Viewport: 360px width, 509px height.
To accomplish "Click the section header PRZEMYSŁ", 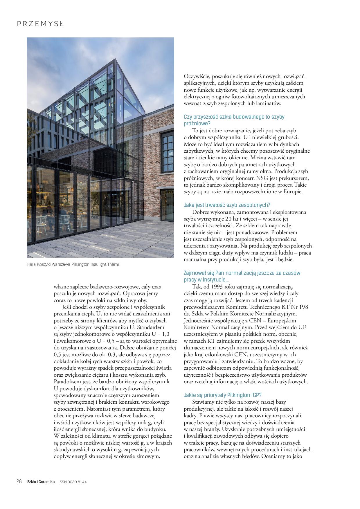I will tap(40, 24).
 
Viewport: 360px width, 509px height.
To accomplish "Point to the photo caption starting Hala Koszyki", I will tap(73, 265).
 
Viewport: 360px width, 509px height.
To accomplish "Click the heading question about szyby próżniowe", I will tap(234, 120).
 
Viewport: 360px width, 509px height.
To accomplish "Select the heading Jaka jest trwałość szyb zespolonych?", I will tap(227, 205).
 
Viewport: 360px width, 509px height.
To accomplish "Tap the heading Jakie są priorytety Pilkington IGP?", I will tap(223, 395).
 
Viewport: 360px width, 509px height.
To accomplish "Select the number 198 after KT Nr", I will tap(303, 307).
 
